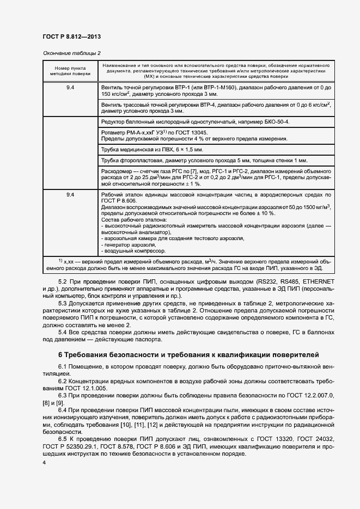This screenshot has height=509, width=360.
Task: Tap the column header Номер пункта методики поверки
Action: coord(70,70)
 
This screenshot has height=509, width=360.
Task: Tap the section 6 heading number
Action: coord(60,355)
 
